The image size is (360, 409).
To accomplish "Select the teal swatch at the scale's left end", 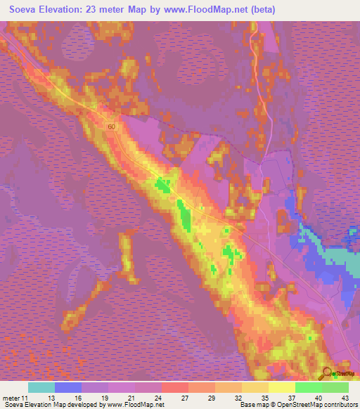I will (x=41, y=388).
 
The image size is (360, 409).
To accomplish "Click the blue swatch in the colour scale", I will (x=68, y=388).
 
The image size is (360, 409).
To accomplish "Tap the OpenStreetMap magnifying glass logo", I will (x=328, y=374).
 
